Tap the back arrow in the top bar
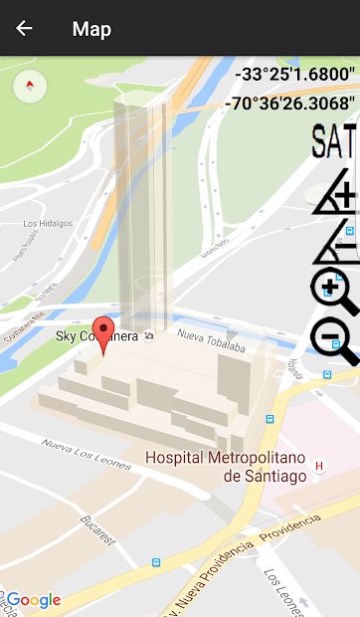coord(24,28)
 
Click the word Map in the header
coord(91,29)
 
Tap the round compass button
coord(31,86)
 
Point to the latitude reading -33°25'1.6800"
coord(294,74)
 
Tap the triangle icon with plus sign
coord(335,190)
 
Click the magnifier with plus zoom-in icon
coord(333,292)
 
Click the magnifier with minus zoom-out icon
coord(334,341)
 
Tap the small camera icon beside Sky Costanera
coord(149,335)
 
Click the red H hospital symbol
coord(319,465)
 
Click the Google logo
coord(33,600)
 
